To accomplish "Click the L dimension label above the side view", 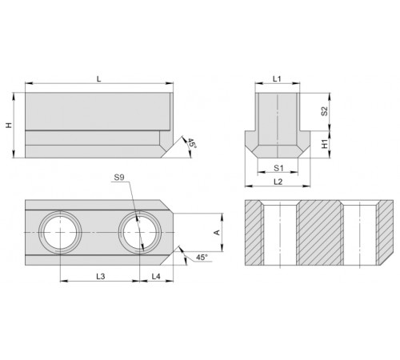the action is point(99,79).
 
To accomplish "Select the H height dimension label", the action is point(10,125).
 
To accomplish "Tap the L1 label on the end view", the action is point(277,78).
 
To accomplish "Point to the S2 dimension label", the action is point(324,111).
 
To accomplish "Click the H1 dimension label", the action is point(325,144).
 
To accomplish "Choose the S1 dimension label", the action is point(278,168).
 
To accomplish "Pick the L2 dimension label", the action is point(278,182).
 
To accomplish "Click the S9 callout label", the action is point(119,178).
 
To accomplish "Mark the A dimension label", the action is point(218,232).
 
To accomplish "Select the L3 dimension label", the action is point(101,277).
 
